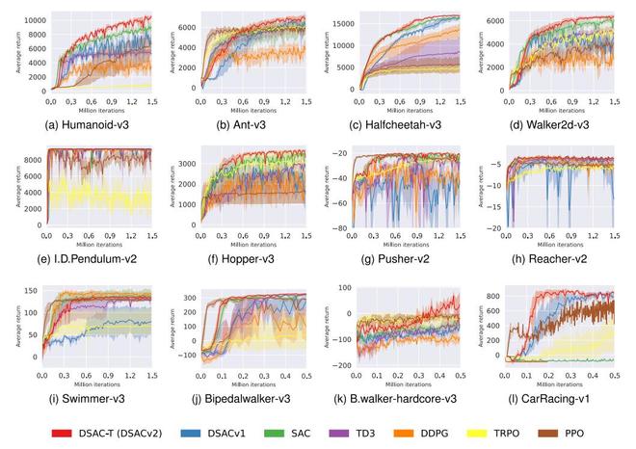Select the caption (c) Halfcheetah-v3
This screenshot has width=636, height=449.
point(406,124)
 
